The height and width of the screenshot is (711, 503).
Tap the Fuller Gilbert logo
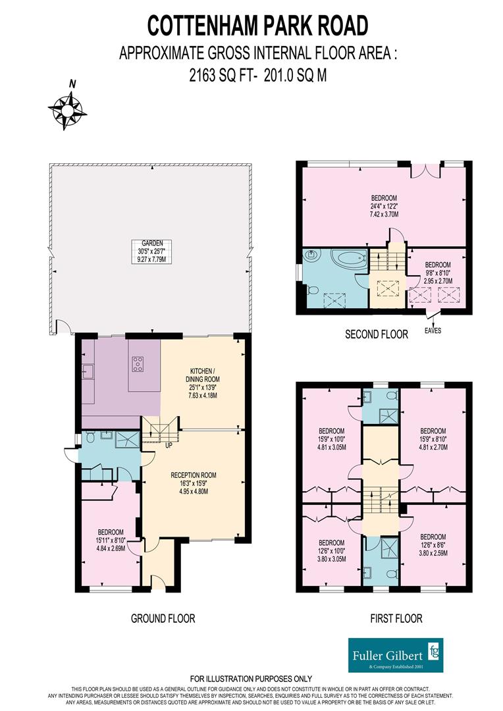point(396,655)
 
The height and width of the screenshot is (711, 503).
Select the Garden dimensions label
point(152,251)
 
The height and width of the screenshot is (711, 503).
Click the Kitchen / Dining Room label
point(203,383)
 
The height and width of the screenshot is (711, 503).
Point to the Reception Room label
point(194,483)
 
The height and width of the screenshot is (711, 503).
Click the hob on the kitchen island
point(138,363)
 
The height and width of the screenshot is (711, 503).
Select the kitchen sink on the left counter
point(88,372)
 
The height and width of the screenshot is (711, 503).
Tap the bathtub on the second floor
point(348,261)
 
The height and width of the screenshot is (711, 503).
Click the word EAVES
point(433,330)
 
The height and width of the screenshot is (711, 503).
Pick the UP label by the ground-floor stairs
point(169,446)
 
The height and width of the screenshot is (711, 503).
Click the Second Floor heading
point(377,334)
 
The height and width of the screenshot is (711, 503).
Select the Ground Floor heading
point(163,618)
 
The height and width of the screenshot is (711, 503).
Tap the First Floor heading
point(396,618)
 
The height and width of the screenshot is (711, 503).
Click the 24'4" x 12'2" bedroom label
point(384,206)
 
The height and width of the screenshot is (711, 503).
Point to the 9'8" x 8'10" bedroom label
point(438,273)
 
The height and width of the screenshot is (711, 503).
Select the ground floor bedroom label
point(111,540)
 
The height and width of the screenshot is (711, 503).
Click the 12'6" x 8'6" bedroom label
point(433,544)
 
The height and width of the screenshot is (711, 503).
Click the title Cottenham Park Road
point(257,26)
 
